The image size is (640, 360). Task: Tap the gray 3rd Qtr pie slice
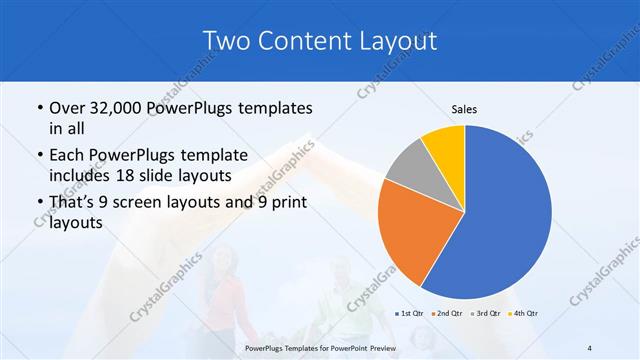[x=408, y=168]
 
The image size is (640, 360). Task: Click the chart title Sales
[x=464, y=108]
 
